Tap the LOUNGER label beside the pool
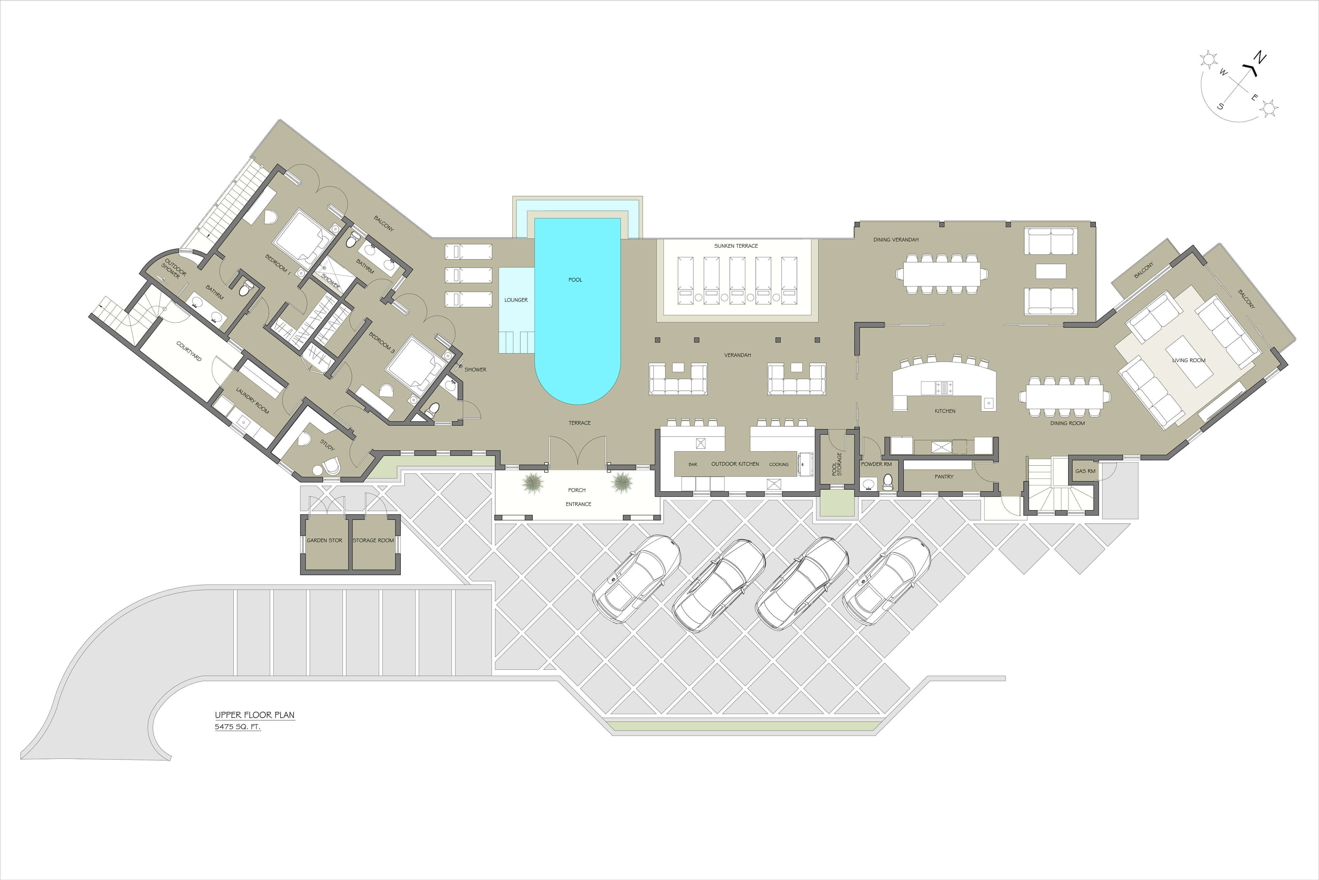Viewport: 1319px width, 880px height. [516, 300]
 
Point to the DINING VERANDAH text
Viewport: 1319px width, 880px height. [896, 240]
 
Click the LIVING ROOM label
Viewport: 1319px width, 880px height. [1188, 360]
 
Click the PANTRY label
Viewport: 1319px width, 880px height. [944, 476]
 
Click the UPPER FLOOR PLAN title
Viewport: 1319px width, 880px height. [255, 715]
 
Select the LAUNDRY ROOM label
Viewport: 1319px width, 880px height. [252, 401]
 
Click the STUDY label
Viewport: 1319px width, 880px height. [327, 445]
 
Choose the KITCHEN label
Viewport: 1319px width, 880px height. [945, 411]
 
